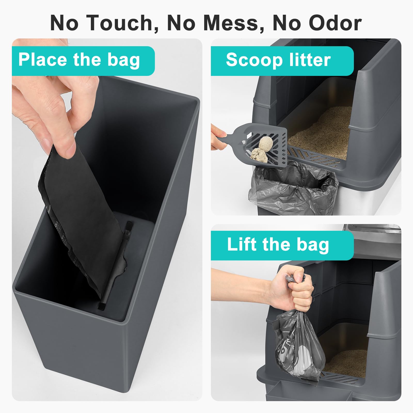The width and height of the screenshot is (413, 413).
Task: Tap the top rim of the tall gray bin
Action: (x=155, y=85)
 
